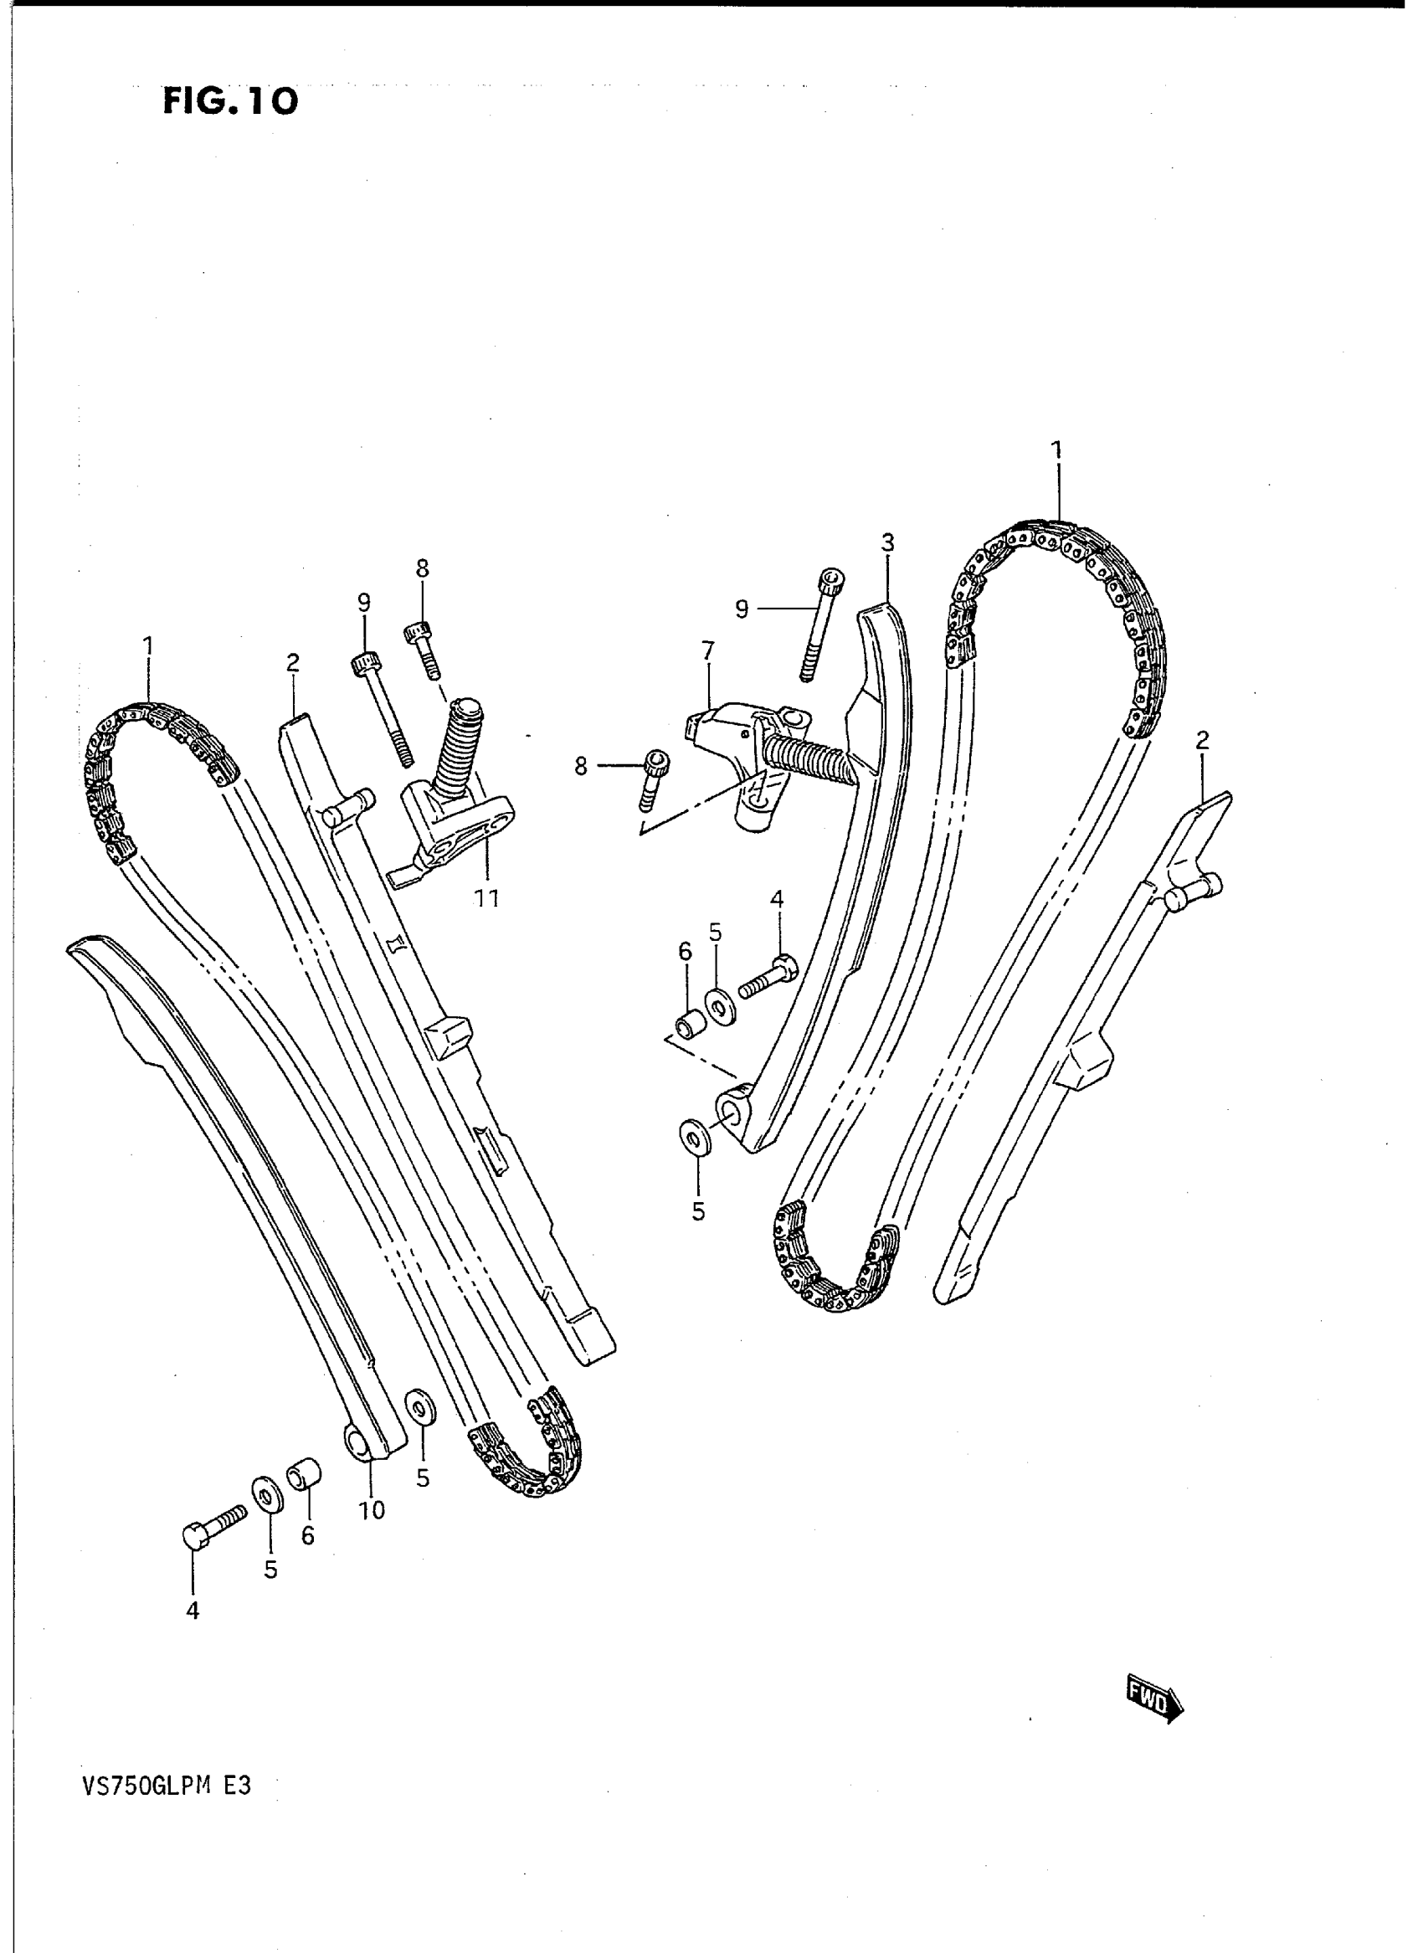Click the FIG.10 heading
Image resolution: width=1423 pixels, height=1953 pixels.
click(x=230, y=101)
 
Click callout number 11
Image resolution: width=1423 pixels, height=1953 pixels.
click(x=486, y=898)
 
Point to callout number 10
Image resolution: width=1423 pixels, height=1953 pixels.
click(x=372, y=1510)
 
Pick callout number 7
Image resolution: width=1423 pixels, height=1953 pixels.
click(x=707, y=650)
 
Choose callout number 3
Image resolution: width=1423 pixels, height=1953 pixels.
click(x=887, y=542)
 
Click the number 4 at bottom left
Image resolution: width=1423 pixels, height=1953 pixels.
click(x=193, y=1609)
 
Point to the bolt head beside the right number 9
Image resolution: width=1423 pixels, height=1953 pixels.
click(x=831, y=581)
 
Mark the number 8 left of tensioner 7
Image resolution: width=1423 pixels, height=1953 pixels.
click(x=582, y=765)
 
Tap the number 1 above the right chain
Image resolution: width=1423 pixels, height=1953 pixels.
click(x=1056, y=450)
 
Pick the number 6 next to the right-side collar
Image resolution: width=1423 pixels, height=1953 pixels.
click(x=685, y=951)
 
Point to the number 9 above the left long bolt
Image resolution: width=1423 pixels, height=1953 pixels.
click(x=364, y=603)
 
